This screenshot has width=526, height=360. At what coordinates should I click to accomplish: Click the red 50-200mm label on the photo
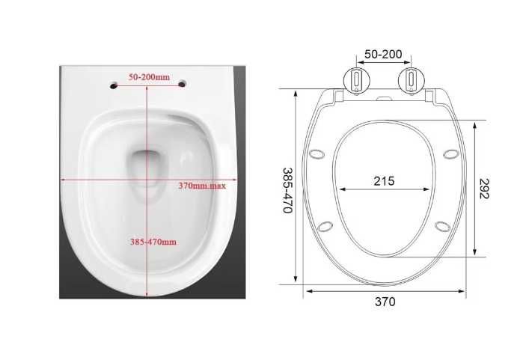click(x=150, y=77)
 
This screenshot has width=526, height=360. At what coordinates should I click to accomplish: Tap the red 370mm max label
click(x=202, y=185)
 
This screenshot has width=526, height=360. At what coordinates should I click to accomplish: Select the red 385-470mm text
click(x=153, y=242)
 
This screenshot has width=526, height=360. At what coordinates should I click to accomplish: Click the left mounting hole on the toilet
click(x=114, y=86)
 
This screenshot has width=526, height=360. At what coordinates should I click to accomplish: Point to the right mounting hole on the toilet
click(x=182, y=84)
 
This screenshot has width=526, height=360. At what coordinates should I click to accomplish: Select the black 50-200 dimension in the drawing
click(x=383, y=54)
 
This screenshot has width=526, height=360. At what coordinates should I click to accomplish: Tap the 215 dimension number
click(x=384, y=181)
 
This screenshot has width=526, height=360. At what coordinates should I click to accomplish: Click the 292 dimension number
click(x=484, y=189)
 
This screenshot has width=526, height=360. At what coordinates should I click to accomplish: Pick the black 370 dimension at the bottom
click(x=385, y=302)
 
